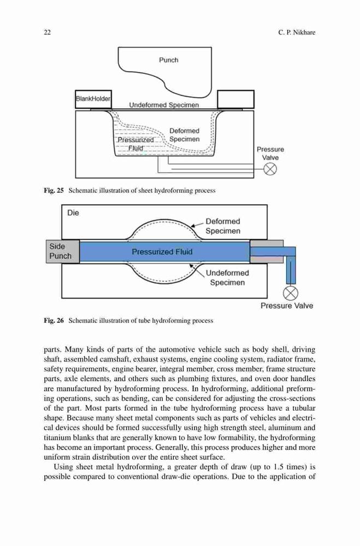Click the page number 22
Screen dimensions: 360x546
pos(47,32)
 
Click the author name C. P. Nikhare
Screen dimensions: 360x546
pos(297,32)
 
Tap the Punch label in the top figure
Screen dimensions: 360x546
pos(169,60)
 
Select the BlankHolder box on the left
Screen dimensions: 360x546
pos(93,99)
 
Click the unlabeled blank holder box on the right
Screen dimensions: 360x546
pos(235,99)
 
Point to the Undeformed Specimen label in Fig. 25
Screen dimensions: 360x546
pos(164,105)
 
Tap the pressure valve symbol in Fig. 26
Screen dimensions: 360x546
pos(290,293)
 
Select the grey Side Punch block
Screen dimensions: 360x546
pos(63,251)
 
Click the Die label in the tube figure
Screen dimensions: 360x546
pos(73,213)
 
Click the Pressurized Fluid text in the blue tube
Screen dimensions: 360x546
pos(162,251)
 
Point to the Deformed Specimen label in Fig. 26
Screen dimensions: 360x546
pos(223,226)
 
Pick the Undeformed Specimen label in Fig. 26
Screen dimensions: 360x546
pos(227,277)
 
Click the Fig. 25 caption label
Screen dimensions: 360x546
pos(54,191)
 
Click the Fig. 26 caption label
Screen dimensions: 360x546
pos(54,321)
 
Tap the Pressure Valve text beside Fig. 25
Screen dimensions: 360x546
pos(270,153)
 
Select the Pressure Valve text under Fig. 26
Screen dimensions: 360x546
pos(287,306)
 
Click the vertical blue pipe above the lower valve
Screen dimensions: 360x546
pos(291,270)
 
